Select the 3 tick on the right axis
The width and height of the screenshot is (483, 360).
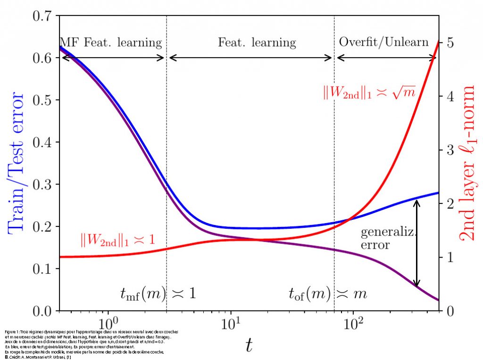coord(450,150)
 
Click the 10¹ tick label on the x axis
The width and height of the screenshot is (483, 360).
coord(231,325)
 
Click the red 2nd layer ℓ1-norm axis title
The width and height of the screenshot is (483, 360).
coord(469,163)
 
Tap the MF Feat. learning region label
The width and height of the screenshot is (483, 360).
coord(111,43)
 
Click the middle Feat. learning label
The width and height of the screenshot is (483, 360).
coord(257,43)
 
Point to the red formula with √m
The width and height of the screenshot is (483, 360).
coord(369,92)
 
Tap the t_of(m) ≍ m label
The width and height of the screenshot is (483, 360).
coord(327,294)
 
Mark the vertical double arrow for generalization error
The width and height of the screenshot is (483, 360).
coord(416,243)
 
